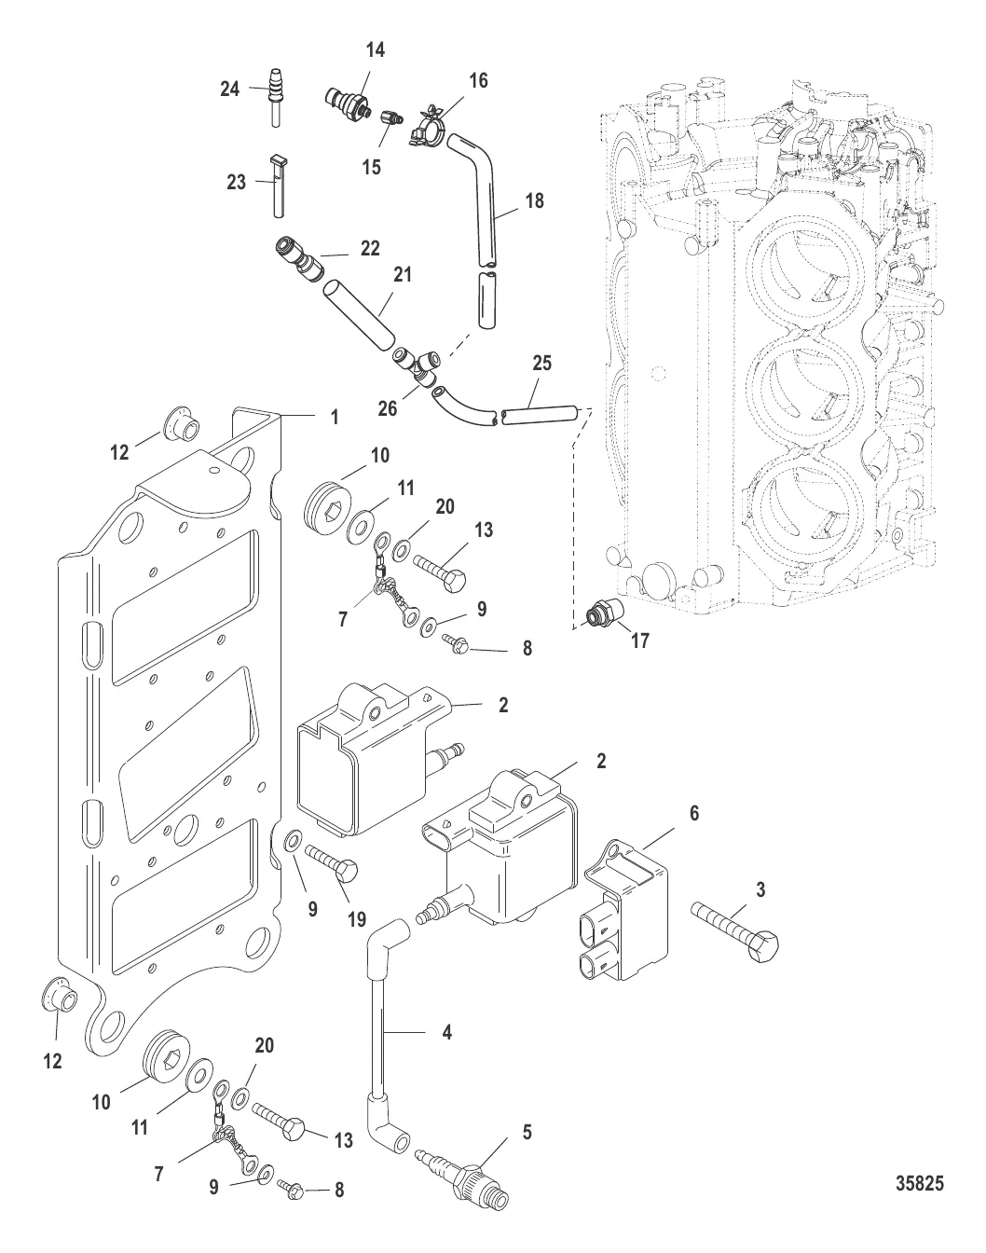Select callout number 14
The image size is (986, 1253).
[375, 50]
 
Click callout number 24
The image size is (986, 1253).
[229, 89]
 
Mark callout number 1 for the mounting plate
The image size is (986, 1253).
[334, 418]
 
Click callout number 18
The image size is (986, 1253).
[534, 200]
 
